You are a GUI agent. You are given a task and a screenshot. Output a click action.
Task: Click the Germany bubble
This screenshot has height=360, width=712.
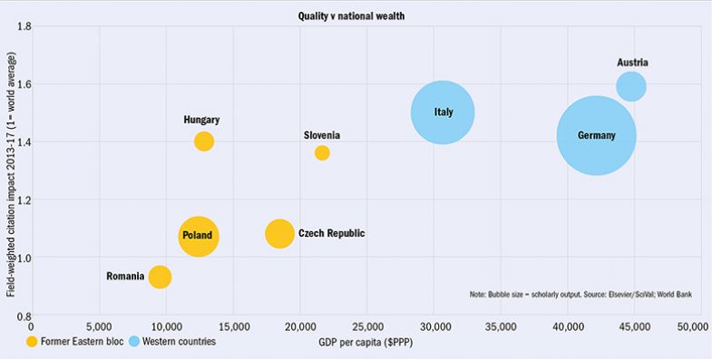coord(596,136)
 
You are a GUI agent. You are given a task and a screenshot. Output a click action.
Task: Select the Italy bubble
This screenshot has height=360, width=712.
coord(443,112)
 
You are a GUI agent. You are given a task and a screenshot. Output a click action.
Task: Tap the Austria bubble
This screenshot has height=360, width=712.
coord(631,86)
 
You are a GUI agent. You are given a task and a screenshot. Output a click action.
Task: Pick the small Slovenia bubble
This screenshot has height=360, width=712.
coord(322,152)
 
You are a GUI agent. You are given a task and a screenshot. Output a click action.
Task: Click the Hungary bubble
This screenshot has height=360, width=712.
coord(204,141)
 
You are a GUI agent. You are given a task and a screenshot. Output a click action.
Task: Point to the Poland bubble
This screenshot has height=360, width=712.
coord(199,236)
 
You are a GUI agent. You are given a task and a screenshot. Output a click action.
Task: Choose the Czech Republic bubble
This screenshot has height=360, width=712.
coord(279,233)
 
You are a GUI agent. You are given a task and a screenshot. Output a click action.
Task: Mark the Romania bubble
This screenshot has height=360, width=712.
coord(160,277)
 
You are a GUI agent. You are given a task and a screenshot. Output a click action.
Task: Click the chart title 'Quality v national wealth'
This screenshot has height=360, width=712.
coord(356,16)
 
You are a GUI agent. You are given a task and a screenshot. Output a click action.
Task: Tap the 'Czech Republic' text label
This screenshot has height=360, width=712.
coord(331,233)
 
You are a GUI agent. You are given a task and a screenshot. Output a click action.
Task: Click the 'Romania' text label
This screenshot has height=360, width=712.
coord(125,276)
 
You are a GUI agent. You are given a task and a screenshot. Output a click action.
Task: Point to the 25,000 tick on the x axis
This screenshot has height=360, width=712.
coord(367,326)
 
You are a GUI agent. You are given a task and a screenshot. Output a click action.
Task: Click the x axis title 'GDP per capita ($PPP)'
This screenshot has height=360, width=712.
coord(367,342)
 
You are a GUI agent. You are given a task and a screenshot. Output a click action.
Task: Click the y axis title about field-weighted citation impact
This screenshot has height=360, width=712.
coord(8,170)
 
